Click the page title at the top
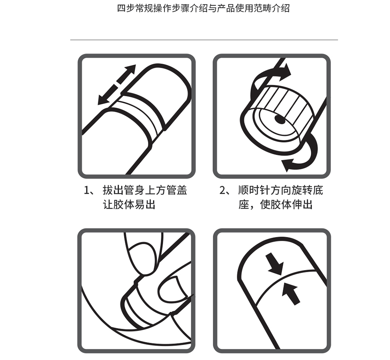coord(203,8)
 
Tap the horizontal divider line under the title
coord(204,40)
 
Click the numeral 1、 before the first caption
coord(89,191)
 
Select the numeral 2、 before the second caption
coord(225,191)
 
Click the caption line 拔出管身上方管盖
coord(145,191)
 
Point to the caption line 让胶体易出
coord(129,205)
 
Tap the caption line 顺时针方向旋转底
coord(280,191)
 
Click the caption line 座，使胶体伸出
coord(275,205)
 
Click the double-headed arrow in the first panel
coord(117,85)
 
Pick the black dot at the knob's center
coord(280,119)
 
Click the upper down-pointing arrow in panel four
coord(274,264)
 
